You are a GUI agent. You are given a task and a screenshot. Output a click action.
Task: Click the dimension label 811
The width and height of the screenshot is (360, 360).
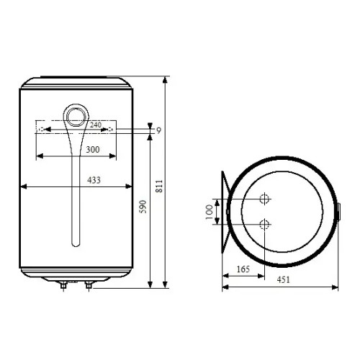tap(159, 186)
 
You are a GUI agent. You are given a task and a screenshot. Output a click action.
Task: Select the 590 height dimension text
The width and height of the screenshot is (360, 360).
tap(143, 207)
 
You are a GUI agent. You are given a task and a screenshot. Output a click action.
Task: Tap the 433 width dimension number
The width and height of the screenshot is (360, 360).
tap(94, 180)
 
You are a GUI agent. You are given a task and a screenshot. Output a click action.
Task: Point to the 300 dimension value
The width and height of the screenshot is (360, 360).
tap(93, 150)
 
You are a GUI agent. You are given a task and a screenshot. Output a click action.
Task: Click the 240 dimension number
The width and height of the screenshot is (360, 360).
tap(96, 125)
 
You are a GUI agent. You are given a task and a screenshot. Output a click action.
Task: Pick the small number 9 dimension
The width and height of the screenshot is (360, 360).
tap(158, 130)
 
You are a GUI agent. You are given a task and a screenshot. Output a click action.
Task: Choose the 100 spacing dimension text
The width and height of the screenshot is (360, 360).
tap(210, 212)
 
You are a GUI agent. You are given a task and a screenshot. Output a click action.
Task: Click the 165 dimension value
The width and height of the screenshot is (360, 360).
tap(243, 269)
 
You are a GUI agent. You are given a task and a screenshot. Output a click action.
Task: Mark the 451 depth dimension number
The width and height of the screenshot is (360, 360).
tap(283, 279)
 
